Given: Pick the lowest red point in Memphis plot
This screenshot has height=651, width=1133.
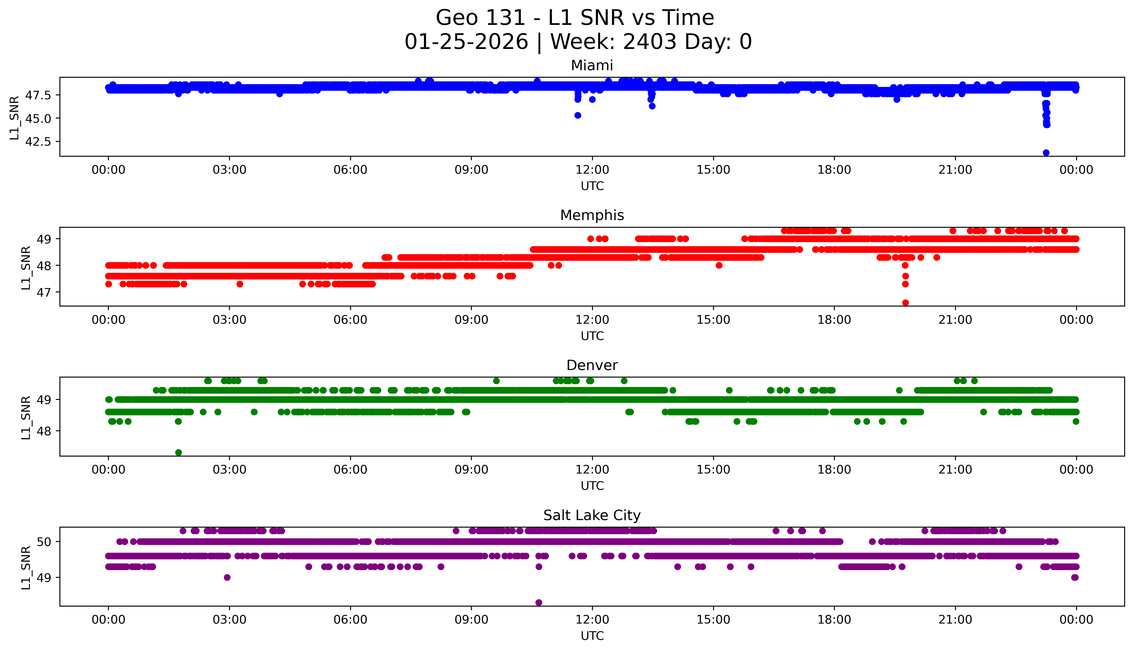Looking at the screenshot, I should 905,303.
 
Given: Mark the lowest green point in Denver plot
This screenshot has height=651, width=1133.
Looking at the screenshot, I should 178,452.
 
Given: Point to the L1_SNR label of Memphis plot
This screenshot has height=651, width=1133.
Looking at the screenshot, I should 26,267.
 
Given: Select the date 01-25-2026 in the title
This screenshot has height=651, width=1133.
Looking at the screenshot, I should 466,42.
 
